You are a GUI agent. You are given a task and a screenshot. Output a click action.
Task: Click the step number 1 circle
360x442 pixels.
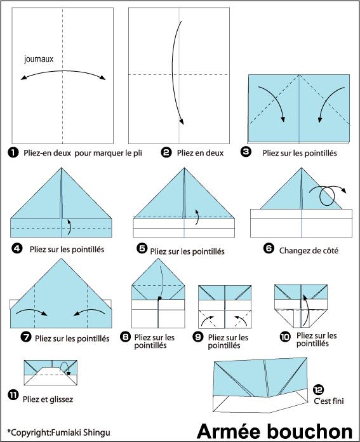[x=13, y=153]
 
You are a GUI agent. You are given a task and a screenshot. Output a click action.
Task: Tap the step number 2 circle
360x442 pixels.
[x=166, y=152]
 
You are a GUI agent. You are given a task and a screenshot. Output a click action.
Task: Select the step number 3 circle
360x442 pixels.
[x=246, y=152]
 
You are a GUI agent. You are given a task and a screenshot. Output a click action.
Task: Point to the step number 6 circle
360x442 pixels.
[x=269, y=248]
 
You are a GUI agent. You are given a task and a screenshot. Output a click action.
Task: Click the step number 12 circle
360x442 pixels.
[x=318, y=390]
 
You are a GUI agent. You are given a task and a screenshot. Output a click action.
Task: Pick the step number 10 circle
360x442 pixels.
[x=285, y=337]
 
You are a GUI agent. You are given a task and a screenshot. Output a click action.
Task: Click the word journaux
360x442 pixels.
[x=39, y=59]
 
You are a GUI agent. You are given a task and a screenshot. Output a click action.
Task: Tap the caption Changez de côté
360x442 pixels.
[x=309, y=251]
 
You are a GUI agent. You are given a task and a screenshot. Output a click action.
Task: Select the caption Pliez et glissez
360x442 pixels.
[x=48, y=399]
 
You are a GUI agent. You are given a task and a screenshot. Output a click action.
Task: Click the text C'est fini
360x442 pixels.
[x=329, y=401]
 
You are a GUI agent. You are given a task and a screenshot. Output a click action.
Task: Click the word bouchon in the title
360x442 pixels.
[x=310, y=432]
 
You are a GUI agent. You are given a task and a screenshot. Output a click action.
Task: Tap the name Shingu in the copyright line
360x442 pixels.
[x=97, y=432]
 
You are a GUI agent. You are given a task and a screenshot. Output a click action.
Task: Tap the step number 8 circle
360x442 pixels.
[x=125, y=337]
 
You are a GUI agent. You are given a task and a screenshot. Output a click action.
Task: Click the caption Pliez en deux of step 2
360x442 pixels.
[x=200, y=153]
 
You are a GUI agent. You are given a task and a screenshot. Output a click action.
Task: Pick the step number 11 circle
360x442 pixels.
[x=13, y=395]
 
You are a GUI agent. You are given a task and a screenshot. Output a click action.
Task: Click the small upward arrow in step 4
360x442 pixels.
[x=70, y=227]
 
